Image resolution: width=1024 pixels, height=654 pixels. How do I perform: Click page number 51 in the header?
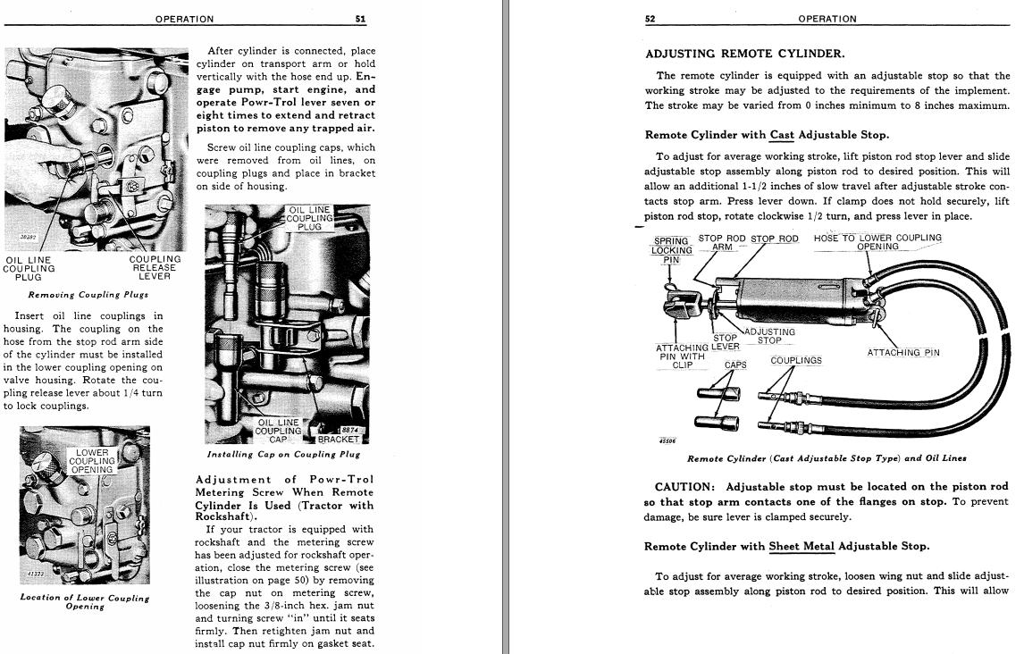(360, 19)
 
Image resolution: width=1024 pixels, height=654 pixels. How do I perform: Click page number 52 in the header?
(650, 19)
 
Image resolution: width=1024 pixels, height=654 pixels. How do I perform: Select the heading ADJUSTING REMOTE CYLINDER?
(744, 54)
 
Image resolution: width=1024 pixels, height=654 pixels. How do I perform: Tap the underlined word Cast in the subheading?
(782, 135)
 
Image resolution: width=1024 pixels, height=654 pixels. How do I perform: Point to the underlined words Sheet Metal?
(802, 546)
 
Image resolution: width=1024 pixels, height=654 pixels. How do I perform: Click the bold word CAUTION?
(685, 487)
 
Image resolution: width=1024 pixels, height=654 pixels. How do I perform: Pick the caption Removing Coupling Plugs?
(88, 294)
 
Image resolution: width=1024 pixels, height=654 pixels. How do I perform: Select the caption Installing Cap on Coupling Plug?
(283, 454)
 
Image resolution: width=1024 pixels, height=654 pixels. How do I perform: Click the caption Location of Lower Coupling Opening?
(85, 601)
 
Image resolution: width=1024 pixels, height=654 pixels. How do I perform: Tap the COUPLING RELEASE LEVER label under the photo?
(155, 267)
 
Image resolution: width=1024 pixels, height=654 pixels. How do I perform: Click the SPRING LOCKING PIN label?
(671, 250)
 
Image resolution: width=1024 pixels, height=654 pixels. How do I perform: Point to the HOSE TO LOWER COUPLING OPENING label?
(877, 242)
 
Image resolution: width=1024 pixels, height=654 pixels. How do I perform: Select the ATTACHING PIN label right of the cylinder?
(903, 352)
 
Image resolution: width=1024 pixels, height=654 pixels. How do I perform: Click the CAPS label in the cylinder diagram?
(735, 365)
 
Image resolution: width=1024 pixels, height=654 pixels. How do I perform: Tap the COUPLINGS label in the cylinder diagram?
(796, 360)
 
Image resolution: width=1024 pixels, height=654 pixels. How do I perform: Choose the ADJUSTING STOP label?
(769, 336)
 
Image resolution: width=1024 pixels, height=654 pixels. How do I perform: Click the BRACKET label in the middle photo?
(338, 440)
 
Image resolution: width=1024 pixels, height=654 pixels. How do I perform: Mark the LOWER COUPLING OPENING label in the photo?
(92, 461)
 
